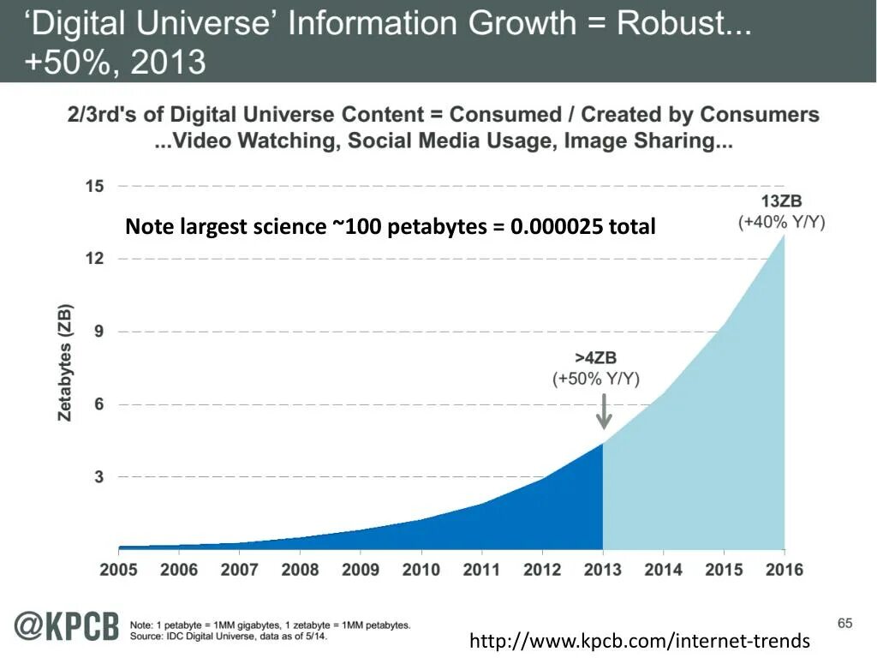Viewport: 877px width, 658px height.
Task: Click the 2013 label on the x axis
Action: [x=602, y=569]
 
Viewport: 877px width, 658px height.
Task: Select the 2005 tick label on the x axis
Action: [x=118, y=569]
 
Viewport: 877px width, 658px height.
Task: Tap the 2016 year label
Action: [x=784, y=569]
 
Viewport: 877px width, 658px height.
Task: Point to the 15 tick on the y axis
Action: [x=94, y=186]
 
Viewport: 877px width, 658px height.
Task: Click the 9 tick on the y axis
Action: [x=99, y=332]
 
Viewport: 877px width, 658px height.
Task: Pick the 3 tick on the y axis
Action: [x=99, y=476]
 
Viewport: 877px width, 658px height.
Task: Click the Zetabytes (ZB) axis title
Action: [x=66, y=362]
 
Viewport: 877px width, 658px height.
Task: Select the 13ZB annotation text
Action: [x=782, y=202]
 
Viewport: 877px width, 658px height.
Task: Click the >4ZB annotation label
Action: [x=596, y=359]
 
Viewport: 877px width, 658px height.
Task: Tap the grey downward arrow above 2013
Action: [x=604, y=410]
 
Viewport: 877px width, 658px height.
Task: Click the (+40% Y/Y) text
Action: [x=781, y=222]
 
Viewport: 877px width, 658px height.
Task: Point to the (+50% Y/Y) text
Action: [x=596, y=379]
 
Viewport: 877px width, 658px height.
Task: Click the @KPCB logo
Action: [x=65, y=627]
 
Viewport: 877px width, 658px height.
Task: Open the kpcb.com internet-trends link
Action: [x=639, y=640]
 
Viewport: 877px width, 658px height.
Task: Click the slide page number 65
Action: [x=844, y=623]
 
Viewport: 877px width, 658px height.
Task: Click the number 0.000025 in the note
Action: [x=558, y=227]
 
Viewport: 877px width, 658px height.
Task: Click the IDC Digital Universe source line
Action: [x=228, y=636]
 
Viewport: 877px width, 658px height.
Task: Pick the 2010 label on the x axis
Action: [x=421, y=569]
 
